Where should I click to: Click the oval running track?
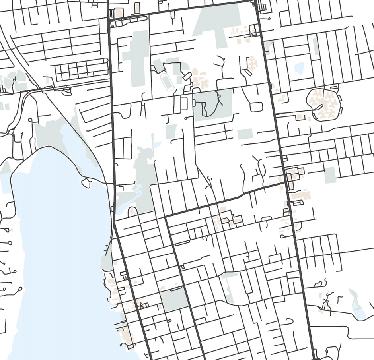[x=167, y=82]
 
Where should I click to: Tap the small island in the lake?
[x=86, y=183]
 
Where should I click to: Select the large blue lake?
[x=60, y=238]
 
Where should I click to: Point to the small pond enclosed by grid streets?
[x=299, y=68]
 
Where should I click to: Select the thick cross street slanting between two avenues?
[x=223, y=201]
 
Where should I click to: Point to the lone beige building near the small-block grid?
[x=49, y=80]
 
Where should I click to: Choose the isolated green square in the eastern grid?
[x=330, y=175]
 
